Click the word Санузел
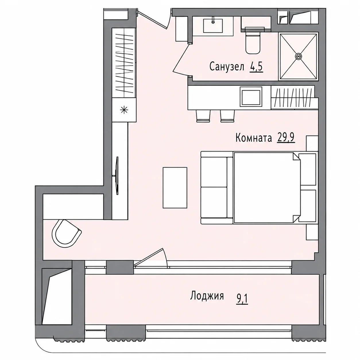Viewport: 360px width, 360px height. point(227,66)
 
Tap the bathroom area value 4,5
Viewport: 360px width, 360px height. point(256,66)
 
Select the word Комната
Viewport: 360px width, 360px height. point(254,138)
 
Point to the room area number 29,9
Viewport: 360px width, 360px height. point(286,138)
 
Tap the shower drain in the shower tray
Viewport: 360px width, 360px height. point(298,56)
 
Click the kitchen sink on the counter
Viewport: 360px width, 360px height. point(251,98)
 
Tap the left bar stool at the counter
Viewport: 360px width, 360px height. point(203,116)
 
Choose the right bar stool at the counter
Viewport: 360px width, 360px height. point(227,116)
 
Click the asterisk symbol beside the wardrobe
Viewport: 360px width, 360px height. point(124,110)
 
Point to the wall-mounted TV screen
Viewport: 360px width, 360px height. point(117,175)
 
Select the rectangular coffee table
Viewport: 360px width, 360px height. point(175,187)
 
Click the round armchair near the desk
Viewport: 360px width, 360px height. point(67,233)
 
